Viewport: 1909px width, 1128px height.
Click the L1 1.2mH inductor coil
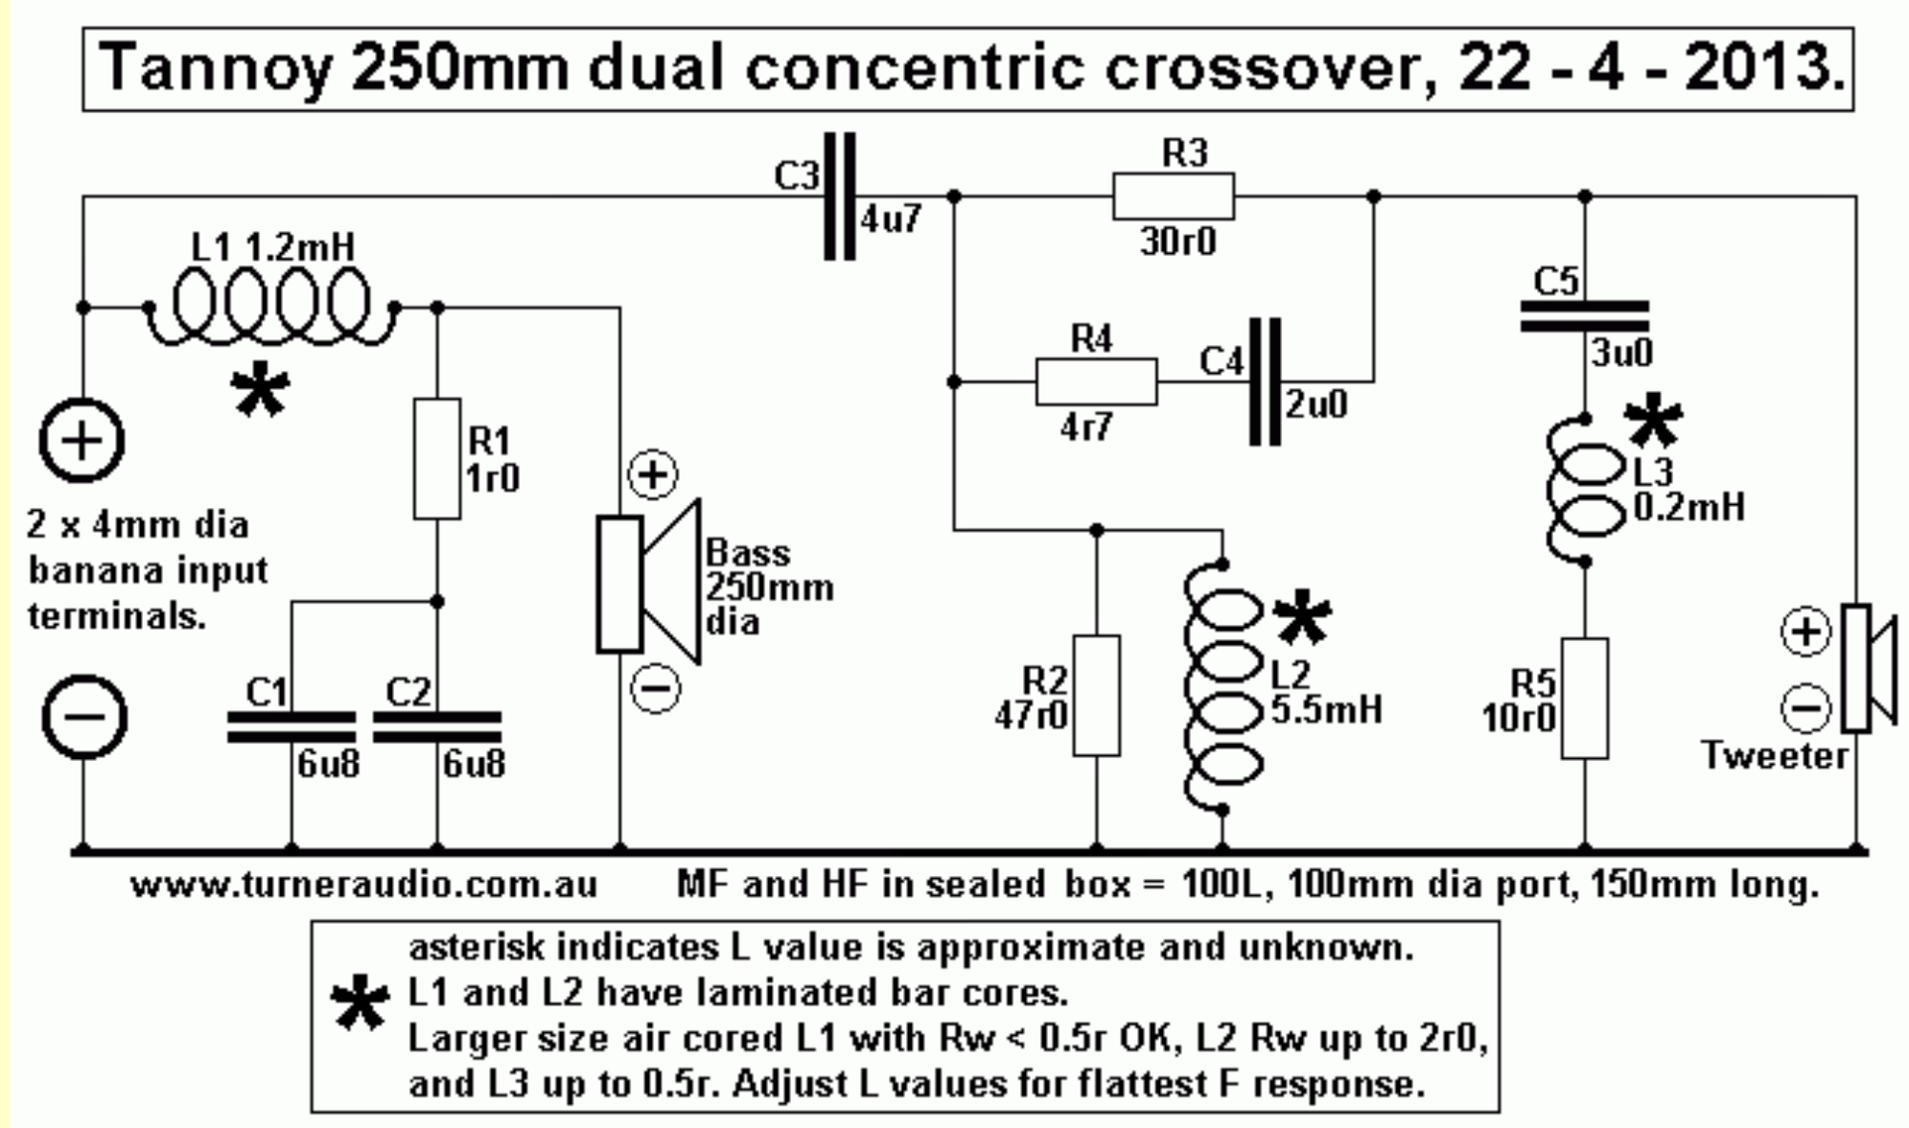click(x=271, y=305)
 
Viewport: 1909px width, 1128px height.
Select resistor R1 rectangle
click(x=436, y=459)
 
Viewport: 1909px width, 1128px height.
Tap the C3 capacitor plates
click(x=839, y=196)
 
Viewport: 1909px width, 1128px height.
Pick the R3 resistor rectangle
click(x=1173, y=196)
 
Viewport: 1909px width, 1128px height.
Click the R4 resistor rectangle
click(x=1096, y=381)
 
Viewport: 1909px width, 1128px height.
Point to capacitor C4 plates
click(x=1265, y=381)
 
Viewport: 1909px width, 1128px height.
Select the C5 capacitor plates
click(x=1584, y=316)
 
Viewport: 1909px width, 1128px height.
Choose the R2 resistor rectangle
click(x=1096, y=695)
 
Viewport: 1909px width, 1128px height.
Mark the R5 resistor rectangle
click(x=1584, y=698)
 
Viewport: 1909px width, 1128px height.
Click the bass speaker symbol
click(x=648, y=583)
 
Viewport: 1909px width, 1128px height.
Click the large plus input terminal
click(x=82, y=441)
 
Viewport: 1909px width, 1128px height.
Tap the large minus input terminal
click(x=83, y=717)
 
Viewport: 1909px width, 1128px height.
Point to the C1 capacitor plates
click(x=291, y=726)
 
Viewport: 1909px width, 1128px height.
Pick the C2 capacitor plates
click(x=437, y=726)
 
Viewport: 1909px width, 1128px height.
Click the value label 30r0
click(x=1177, y=242)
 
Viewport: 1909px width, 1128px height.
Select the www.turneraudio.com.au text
click(x=364, y=884)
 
